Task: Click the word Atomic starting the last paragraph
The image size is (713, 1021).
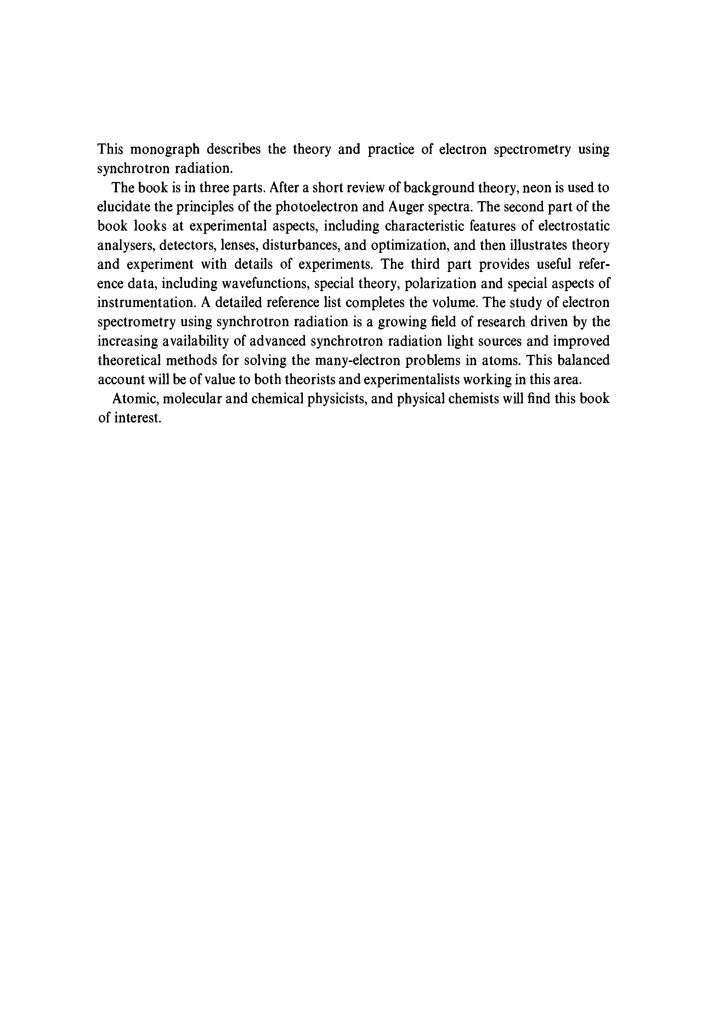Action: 134,399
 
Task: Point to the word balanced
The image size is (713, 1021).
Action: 581,360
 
